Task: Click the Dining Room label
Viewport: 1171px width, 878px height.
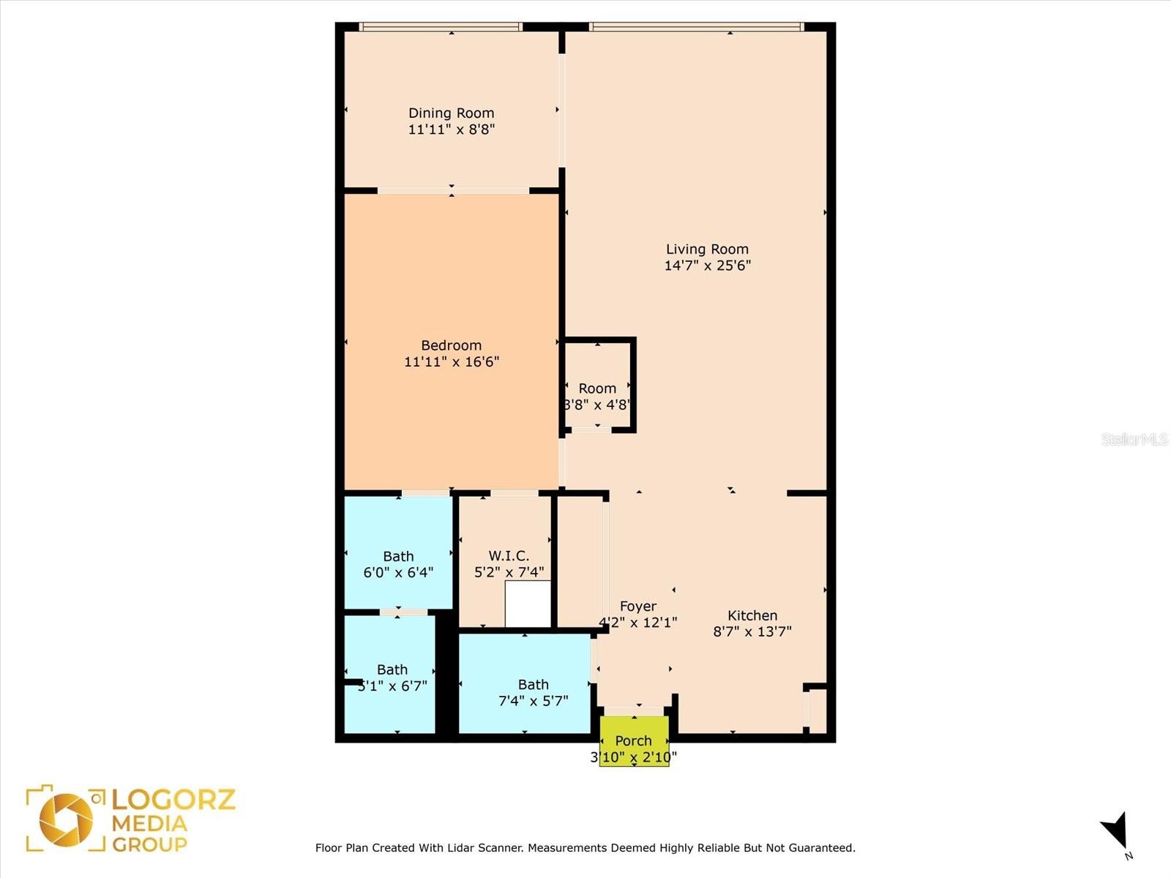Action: click(451, 113)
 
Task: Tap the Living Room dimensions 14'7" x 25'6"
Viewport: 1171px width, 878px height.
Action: click(707, 266)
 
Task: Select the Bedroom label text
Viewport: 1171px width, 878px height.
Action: click(451, 345)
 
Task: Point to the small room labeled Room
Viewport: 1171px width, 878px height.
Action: click(597, 389)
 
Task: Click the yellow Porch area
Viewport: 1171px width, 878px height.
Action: click(634, 740)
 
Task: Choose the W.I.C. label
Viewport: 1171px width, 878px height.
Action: click(509, 556)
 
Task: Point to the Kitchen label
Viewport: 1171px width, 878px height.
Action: click(752, 615)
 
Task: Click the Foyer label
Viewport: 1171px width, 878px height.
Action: click(637, 606)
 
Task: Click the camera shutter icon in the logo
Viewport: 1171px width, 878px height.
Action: click(66, 819)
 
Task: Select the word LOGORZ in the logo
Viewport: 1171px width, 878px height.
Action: click(173, 799)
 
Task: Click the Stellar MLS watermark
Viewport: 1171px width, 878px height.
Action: click(1134, 439)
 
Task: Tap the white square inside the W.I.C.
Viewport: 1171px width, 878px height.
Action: click(528, 604)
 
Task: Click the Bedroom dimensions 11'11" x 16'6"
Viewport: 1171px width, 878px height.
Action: click(451, 361)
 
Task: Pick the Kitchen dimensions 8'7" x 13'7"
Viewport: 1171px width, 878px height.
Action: click(752, 631)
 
